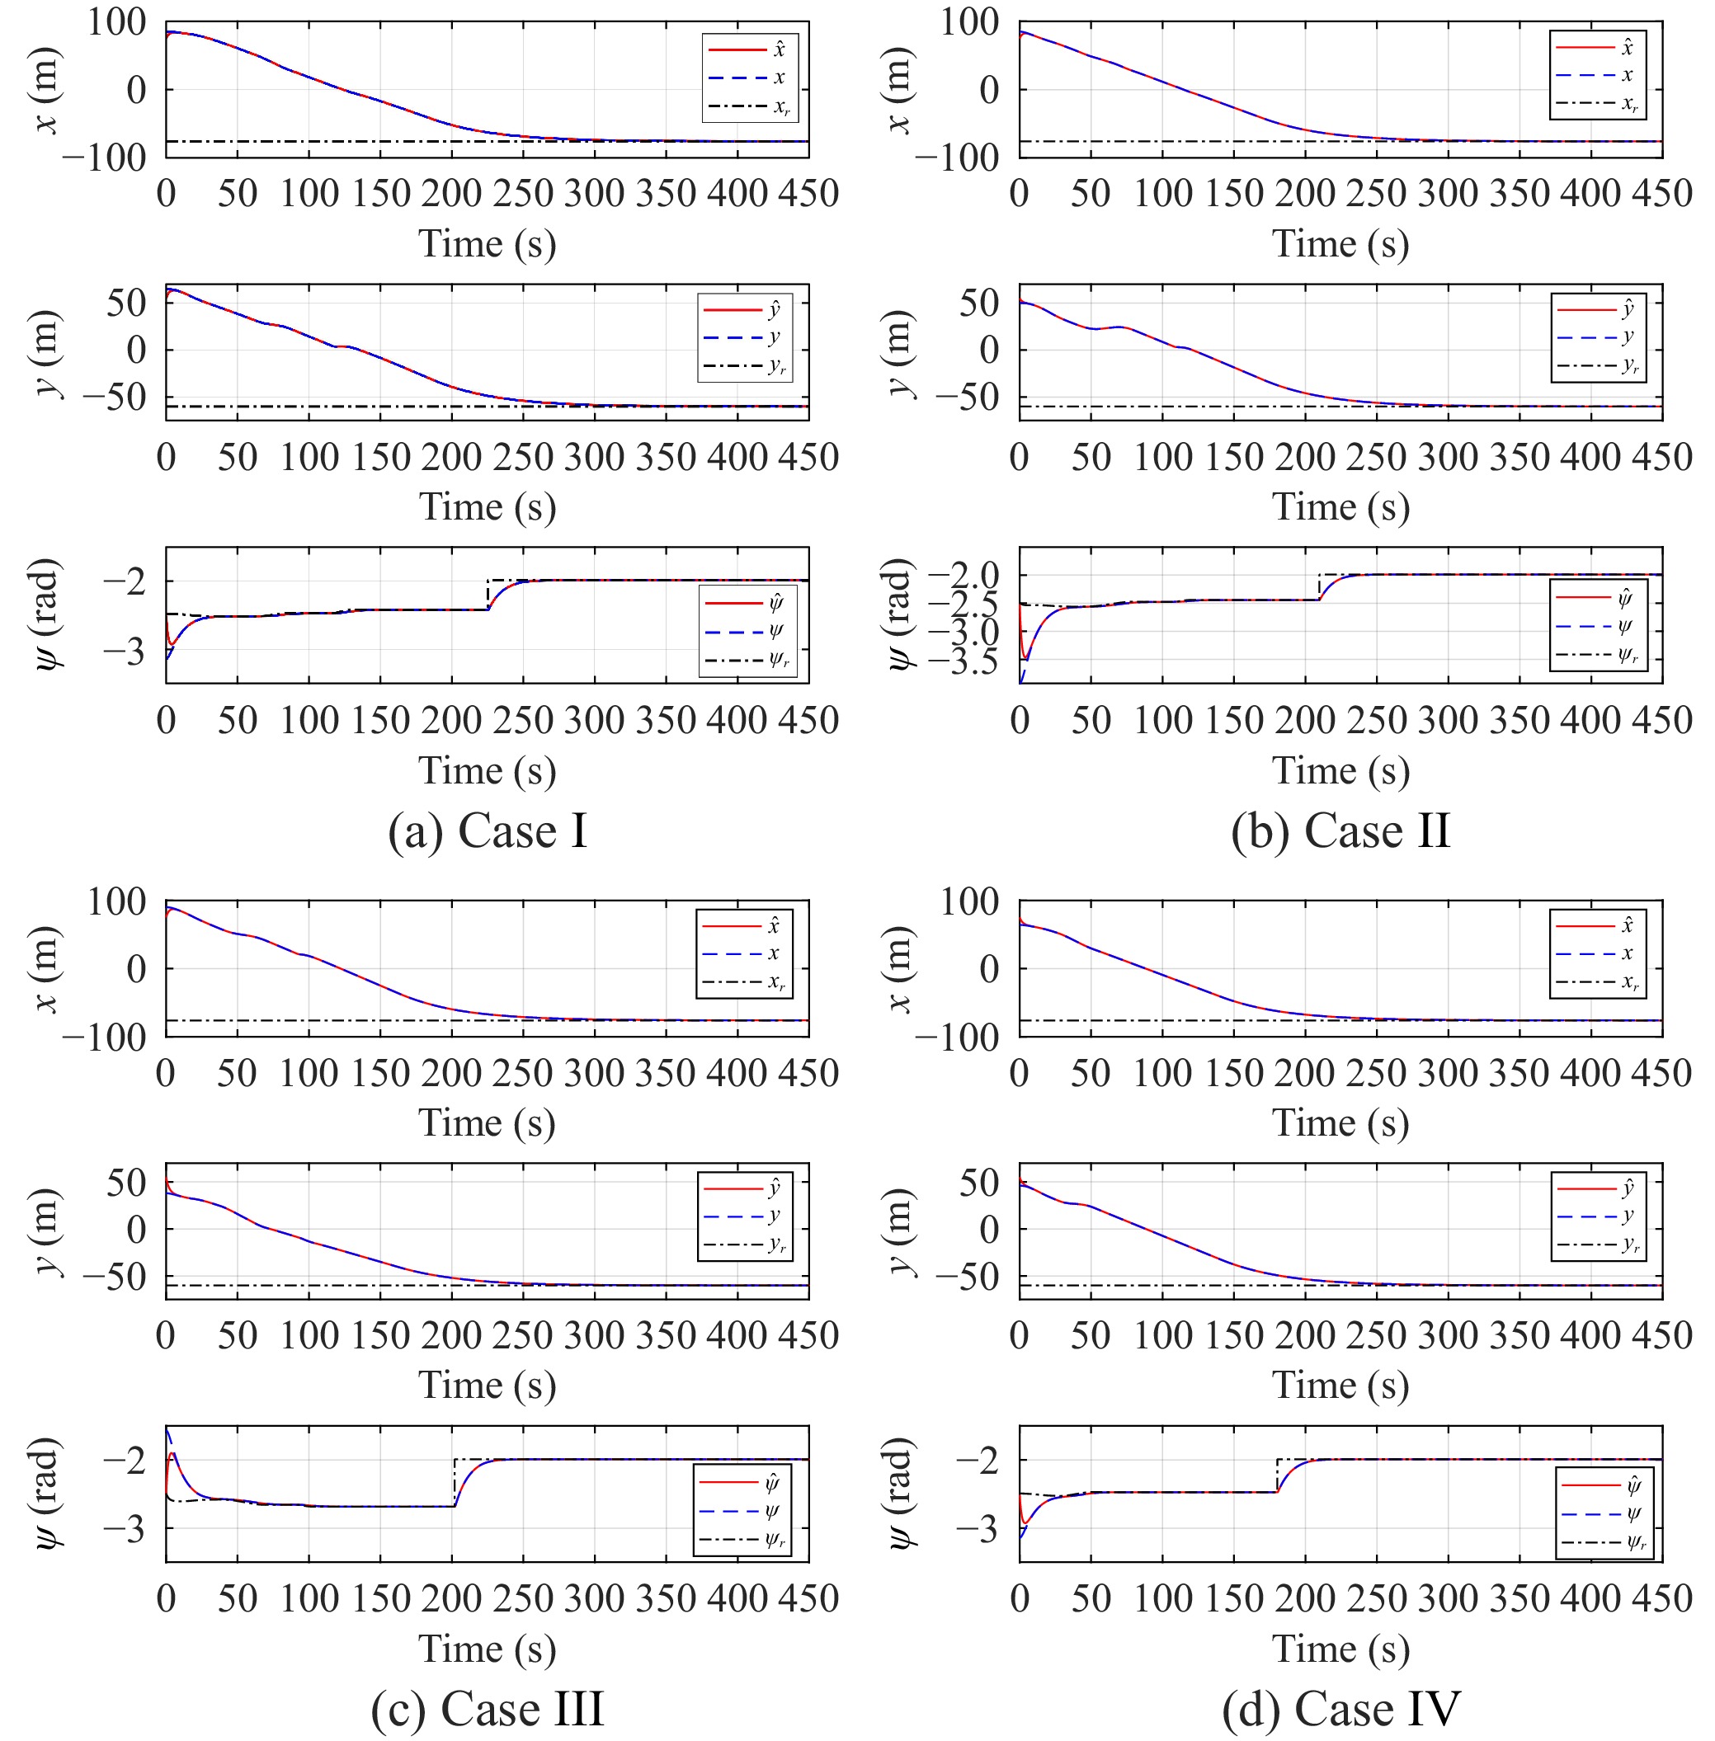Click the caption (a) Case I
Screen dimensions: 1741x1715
488,831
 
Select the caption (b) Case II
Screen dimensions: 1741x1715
1340,831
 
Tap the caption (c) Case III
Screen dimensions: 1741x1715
488,1709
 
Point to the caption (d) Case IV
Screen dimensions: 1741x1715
1340,1709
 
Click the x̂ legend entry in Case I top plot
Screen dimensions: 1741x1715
747,49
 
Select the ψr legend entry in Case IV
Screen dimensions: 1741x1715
1604,1543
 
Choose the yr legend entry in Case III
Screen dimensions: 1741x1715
745,1245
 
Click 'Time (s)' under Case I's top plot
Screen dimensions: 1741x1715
488,244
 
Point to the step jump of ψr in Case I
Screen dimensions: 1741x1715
488,595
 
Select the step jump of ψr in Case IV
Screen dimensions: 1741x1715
1276,1475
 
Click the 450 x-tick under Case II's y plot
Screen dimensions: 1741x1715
1662,457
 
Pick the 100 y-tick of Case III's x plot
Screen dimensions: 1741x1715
116,901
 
